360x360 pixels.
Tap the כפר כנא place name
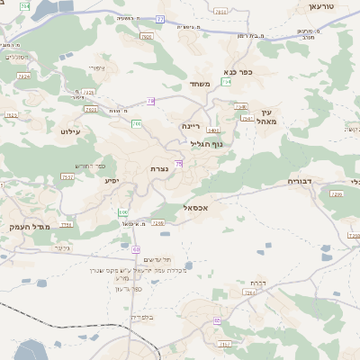pyautogui.click(x=238, y=71)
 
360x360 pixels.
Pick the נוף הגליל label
pyautogui.click(x=207, y=144)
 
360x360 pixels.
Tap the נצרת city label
pyautogui.click(x=162, y=169)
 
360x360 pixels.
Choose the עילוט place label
pyautogui.click(x=70, y=132)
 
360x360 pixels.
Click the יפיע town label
pyautogui.click(x=112, y=181)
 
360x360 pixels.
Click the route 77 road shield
pyautogui.click(x=159, y=18)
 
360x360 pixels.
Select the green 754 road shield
pyautogui.click(x=227, y=82)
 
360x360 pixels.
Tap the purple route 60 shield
pyautogui.click(x=137, y=248)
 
